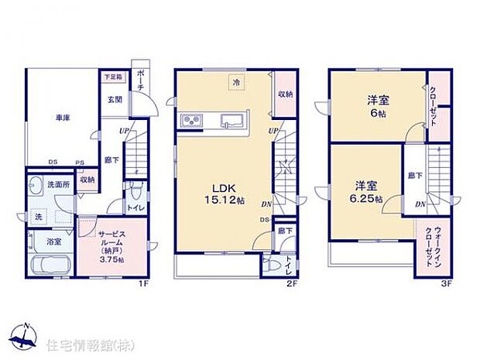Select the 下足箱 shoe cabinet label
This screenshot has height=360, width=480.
(112, 77)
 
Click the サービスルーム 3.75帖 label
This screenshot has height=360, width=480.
(111, 245)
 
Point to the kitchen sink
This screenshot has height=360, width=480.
(232, 121)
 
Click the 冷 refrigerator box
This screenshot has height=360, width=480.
(234, 82)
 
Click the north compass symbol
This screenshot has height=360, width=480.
(25, 336)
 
